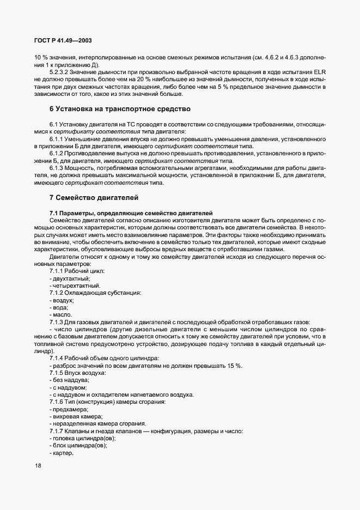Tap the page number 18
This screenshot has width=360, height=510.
click(x=38, y=465)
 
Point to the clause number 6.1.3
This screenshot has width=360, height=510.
click(x=57, y=168)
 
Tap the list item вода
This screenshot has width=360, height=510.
click(x=60, y=307)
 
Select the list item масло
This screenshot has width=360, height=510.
click(x=61, y=314)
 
